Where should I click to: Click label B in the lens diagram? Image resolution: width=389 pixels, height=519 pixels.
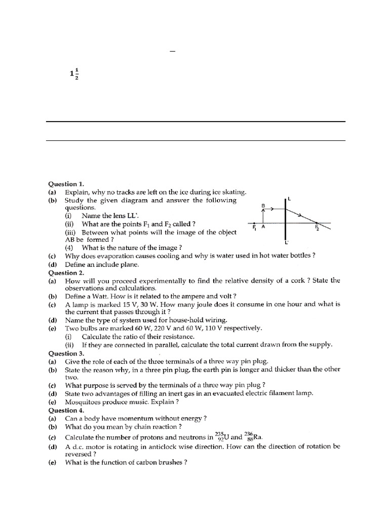coord(262,205)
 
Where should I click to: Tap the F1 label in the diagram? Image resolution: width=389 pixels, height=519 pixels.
coord(254,229)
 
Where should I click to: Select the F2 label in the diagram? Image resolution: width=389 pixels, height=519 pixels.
coord(317,228)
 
